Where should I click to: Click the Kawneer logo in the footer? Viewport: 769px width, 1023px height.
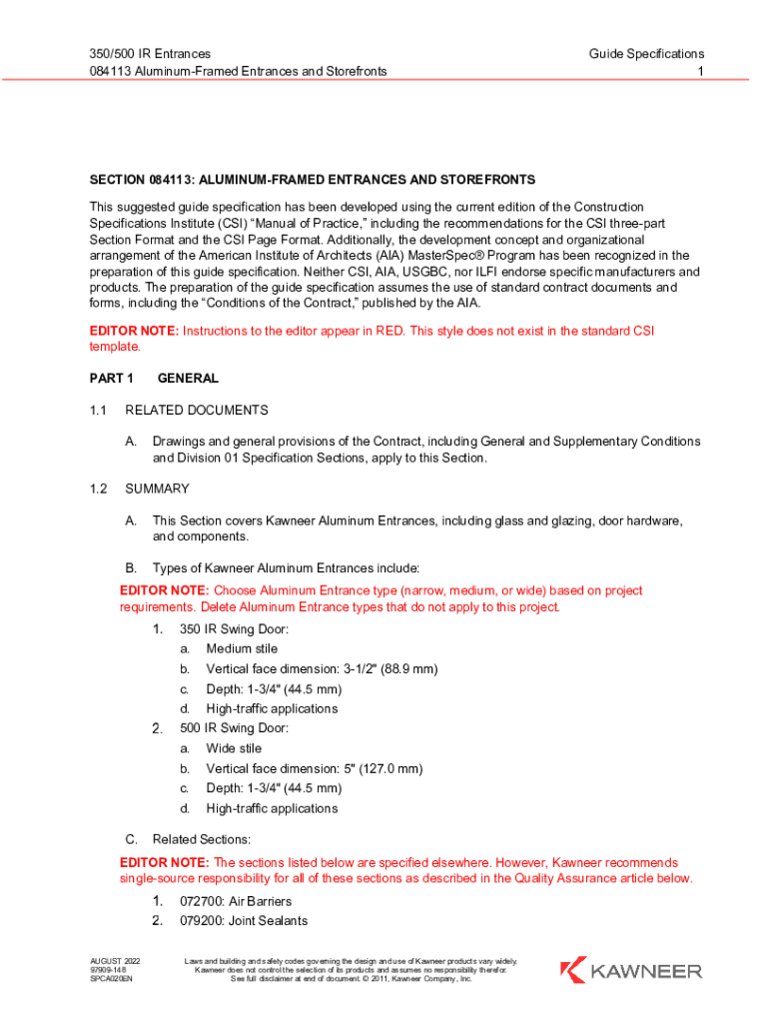coord(630,970)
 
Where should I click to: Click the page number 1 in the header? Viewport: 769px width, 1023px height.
coord(701,71)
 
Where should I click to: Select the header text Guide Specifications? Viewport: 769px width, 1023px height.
coord(646,53)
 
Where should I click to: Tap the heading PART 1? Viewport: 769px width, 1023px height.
coord(111,379)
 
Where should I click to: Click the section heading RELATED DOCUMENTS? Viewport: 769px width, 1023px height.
coord(197,410)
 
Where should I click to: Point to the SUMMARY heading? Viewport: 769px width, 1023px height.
coord(157,489)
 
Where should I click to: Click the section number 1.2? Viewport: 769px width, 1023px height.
coord(98,489)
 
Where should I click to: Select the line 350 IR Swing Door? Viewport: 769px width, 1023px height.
coord(234,629)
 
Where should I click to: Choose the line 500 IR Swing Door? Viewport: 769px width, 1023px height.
coord(234,728)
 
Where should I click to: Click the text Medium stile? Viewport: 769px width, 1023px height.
coord(242,649)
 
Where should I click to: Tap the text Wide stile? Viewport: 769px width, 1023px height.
coord(234,748)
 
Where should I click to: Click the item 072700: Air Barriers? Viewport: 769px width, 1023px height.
coord(236,901)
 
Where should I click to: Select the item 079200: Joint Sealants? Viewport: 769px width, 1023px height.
coord(243,921)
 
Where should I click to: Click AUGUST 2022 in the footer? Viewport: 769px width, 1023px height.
coord(116,961)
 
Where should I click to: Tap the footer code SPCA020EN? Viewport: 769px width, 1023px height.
coord(112,980)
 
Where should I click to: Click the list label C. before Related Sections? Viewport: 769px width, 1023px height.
coord(130,839)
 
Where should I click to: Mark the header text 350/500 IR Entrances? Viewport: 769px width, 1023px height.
coord(150,53)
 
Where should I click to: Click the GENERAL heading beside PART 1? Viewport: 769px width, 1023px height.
coord(188,379)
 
